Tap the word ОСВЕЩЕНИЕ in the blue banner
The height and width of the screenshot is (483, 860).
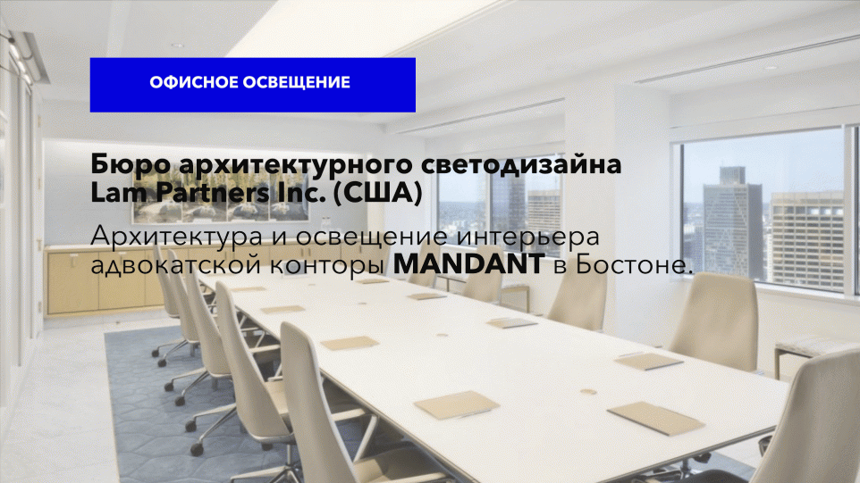click(x=297, y=83)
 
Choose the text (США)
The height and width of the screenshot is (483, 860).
click(x=378, y=193)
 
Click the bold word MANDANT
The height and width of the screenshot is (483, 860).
click(x=469, y=264)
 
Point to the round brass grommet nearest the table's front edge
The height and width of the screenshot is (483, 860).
click(x=588, y=392)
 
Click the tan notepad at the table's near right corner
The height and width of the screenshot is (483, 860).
click(x=655, y=419)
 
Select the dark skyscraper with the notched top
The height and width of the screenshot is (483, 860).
click(x=733, y=221)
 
